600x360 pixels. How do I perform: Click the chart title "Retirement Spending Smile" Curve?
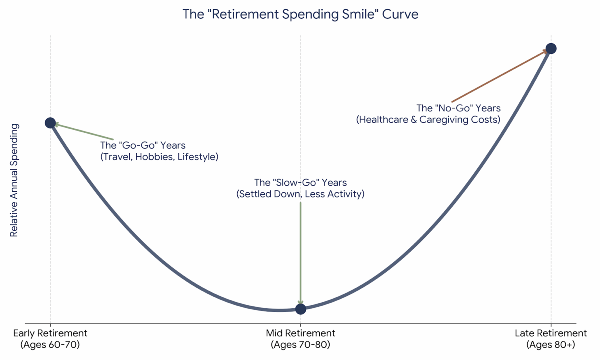point(300,14)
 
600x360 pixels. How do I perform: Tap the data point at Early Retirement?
point(50,123)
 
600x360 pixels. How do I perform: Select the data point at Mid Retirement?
point(300,309)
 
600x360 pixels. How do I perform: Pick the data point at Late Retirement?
point(551,48)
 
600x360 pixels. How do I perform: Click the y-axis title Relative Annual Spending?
point(14,180)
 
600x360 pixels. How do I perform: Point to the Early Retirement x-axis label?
point(50,333)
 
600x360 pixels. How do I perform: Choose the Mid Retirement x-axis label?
point(300,333)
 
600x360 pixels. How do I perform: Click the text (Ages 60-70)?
point(50,344)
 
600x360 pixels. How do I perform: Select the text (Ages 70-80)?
point(300,344)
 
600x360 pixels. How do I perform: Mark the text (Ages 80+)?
point(551,344)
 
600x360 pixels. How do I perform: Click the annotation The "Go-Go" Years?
point(143,145)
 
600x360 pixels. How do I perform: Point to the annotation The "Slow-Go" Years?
point(300,183)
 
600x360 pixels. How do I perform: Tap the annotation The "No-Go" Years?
point(459,108)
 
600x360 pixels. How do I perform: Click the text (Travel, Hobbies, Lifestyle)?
point(159,157)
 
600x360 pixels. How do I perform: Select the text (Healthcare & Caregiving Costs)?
point(428,120)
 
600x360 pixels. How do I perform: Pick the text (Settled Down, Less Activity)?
point(300,194)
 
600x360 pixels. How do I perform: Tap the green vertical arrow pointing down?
point(300,253)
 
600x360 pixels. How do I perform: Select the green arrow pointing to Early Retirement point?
point(84,132)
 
